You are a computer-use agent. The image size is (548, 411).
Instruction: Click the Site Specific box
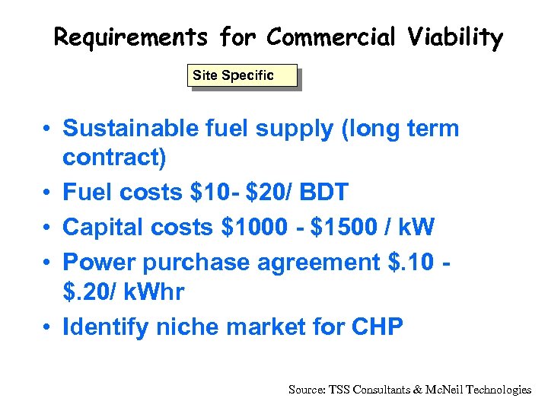[242, 75]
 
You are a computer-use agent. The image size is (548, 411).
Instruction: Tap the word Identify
[106, 327]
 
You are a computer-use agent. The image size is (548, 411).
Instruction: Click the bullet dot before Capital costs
[47, 228]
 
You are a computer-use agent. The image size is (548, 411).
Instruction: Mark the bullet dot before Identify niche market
[47, 327]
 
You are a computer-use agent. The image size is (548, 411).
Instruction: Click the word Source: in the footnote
[307, 390]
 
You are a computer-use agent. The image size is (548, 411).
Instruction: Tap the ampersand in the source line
[417, 390]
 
